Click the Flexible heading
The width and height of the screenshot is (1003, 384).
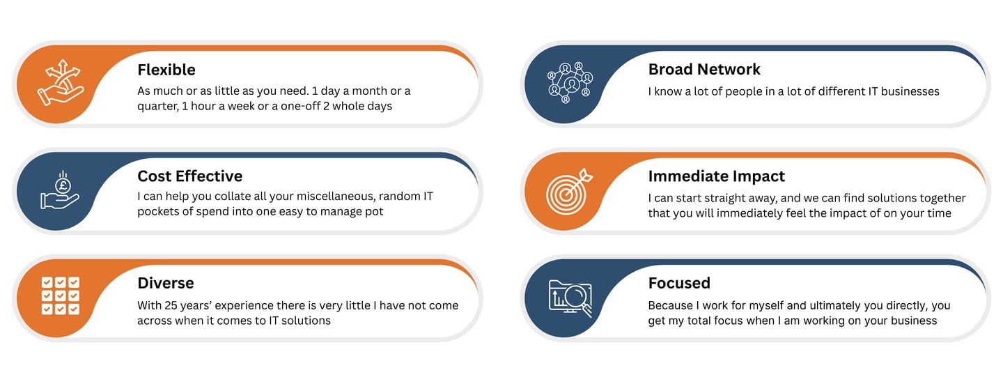(166, 70)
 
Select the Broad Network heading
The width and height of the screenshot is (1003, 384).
(704, 69)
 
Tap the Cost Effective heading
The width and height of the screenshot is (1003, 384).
(190, 176)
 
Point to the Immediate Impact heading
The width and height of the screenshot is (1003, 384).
(717, 176)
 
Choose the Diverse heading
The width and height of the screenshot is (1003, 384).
(166, 283)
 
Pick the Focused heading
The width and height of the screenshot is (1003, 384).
(679, 283)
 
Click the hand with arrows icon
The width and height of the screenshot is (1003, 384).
(61, 84)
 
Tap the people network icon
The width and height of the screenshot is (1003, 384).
(570, 83)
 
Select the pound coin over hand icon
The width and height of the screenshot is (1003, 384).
(61, 190)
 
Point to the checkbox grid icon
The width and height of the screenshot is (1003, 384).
(61, 295)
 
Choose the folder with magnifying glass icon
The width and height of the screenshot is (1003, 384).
(570, 298)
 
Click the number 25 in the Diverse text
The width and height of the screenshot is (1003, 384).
(171, 305)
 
